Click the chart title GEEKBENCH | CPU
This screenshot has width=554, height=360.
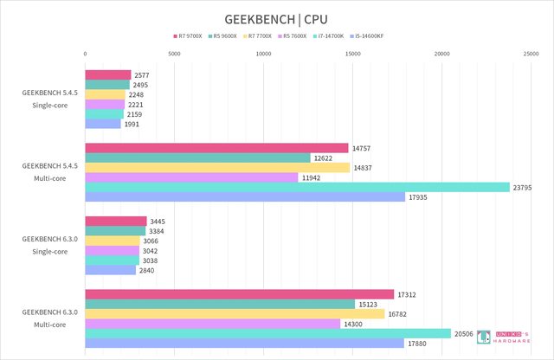pos(276,18)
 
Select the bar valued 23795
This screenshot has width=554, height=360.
pos(297,187)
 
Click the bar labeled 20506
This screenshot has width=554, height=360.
pos(267,333)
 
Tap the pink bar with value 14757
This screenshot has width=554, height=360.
pos(216,148)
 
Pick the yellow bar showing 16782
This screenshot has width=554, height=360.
pos(235,313)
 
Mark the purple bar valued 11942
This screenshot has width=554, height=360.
pos(191,177)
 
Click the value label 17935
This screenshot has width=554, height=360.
pos(416,196)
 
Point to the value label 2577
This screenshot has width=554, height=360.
pos(142,75)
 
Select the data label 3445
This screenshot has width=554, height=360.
pos(158,222)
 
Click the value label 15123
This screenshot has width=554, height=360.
pos(366,304)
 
